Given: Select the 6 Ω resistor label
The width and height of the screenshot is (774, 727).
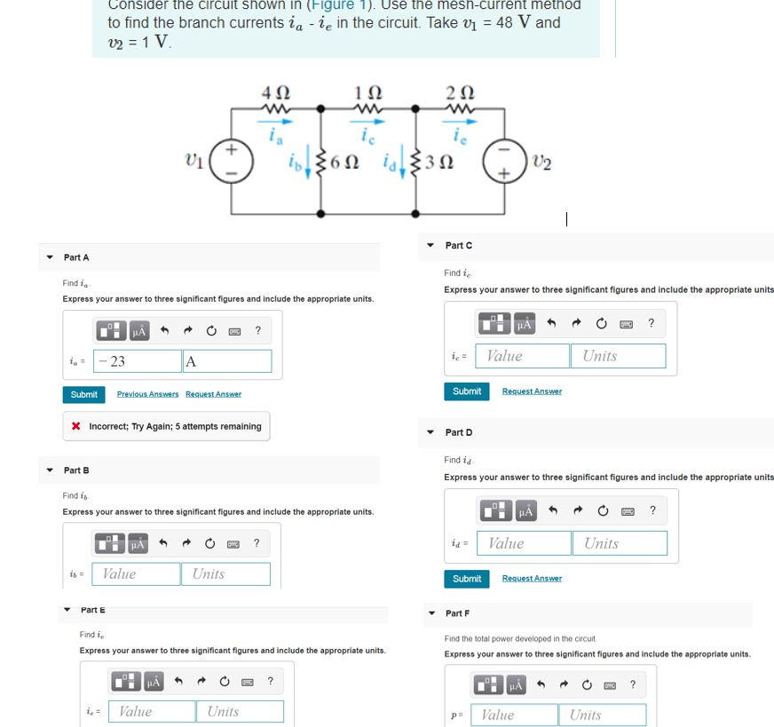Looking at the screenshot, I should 343,165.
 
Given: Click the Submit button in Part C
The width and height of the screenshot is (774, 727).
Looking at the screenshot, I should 467,391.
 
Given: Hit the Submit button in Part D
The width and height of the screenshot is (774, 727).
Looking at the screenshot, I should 467,579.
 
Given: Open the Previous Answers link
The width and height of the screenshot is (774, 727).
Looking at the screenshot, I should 147,394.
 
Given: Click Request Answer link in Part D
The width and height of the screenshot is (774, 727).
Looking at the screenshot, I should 532,579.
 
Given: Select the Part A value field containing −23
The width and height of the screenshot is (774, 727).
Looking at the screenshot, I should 138,361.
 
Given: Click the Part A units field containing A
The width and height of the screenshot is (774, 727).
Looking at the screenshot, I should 227,361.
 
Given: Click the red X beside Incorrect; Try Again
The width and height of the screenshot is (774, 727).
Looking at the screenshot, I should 76,427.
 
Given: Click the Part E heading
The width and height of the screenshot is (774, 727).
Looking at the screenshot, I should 92,610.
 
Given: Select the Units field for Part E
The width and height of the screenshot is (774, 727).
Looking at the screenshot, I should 241,711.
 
